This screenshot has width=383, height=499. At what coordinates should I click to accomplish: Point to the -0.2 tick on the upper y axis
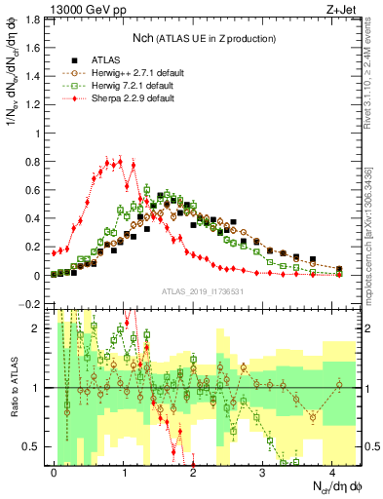(x=32, y=305)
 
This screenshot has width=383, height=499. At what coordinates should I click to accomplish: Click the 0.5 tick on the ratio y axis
(x=34, y=446)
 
